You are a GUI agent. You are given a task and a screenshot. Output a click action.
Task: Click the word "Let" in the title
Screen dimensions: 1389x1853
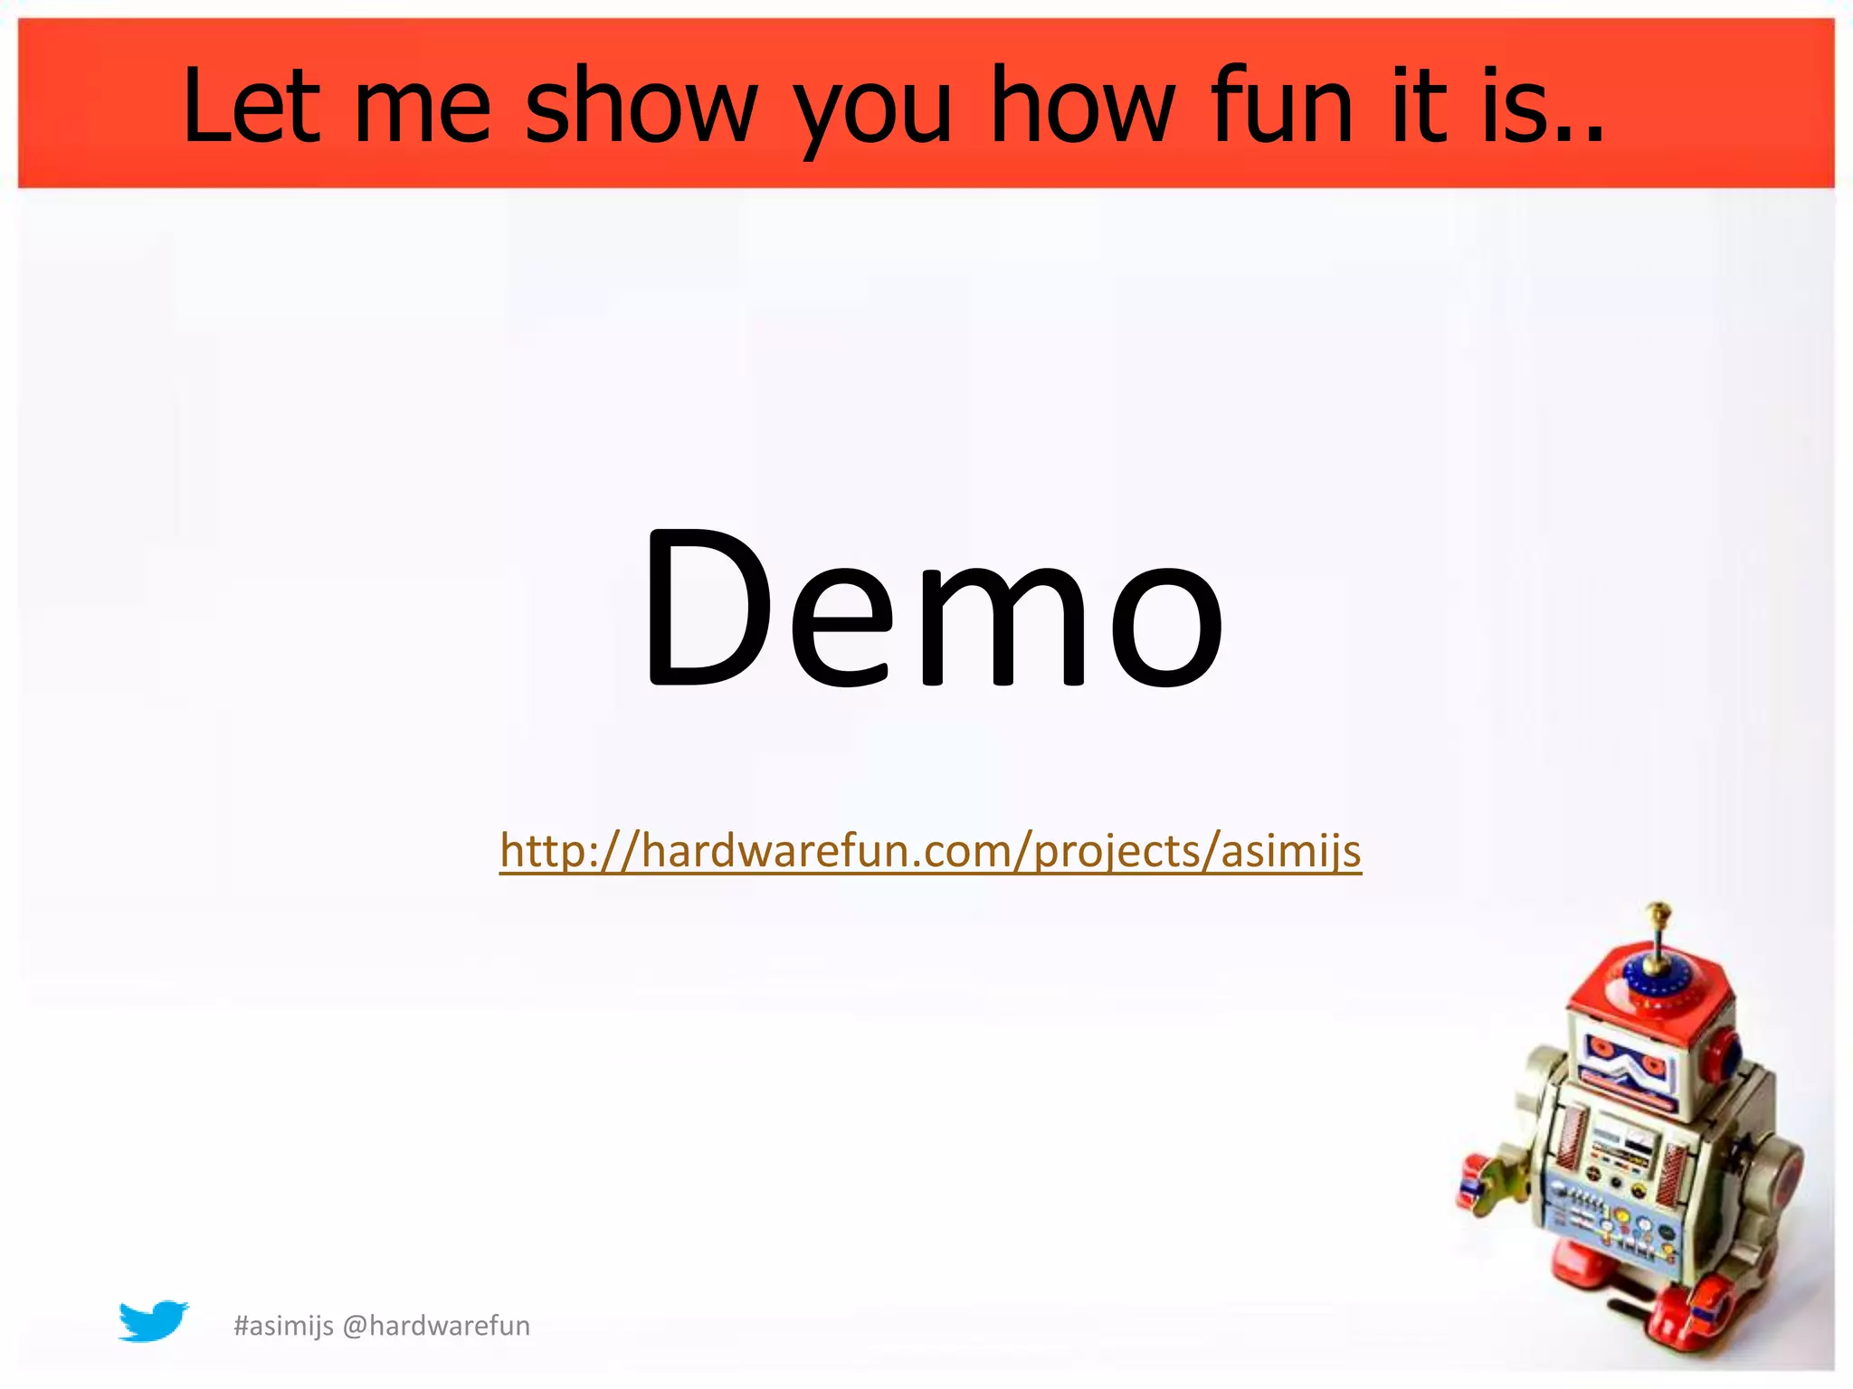tap(252, 106)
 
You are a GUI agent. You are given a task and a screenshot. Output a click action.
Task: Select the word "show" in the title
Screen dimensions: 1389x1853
tap(641, 106)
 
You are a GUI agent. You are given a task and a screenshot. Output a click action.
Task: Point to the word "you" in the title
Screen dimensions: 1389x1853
tap(872, 113)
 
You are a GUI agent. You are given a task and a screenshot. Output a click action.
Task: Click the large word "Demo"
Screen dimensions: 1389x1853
tap(932, 608)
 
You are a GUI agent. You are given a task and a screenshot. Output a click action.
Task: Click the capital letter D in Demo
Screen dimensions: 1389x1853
tap(706, 608)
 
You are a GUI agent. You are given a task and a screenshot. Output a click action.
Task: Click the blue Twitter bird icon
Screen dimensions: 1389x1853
tap(153, 1321)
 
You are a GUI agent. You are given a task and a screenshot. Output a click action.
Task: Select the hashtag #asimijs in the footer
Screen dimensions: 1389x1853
tap(283, 1327)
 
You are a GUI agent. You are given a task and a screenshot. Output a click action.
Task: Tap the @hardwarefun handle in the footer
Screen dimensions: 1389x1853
tap(437, 1326)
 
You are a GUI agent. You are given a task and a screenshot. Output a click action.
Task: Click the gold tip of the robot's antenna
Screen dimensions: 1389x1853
tap(1658, 908)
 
